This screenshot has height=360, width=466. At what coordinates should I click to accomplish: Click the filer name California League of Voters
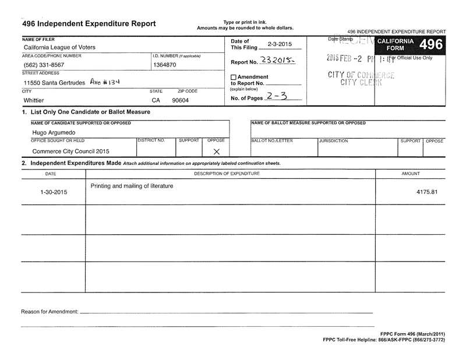[59, 47]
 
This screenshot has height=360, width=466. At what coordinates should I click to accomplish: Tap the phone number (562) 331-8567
[44, 65]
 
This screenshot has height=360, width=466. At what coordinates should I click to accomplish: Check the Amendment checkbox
[234, 77]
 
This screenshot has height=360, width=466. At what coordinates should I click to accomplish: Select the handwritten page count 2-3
[276, 97]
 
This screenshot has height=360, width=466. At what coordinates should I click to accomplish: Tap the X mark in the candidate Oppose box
[216, 151]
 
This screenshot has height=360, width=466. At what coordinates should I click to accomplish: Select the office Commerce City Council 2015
[70, 151]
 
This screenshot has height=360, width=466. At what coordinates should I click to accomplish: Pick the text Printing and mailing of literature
[132, 186]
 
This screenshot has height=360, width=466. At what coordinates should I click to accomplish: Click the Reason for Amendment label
[50, 312]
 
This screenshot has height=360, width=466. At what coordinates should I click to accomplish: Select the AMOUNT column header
[411, 174]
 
